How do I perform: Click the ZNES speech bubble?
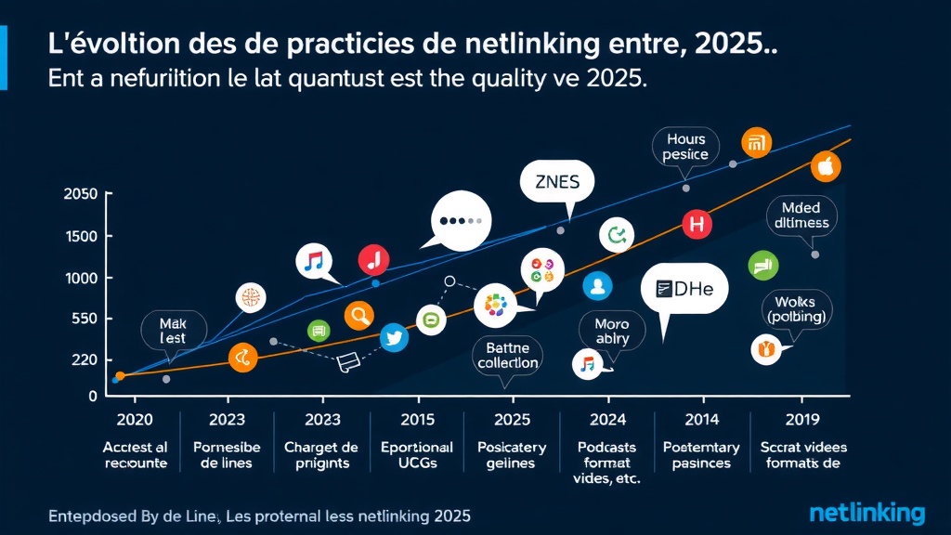(x=551, y=183)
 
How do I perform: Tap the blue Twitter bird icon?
(x=394, y=339)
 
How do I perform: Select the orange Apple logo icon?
(x=825, y=167)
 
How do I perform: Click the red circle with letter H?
(x=696, y=223)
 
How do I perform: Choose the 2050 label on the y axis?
(x=80, y=194)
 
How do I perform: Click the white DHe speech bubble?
(x=684, y=290)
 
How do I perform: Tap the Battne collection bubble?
(x=507, y=355)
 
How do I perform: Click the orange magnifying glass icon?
(x=358, y=317)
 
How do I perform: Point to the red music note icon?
(x=373, y=259)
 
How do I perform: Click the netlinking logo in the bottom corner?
(x=866, y=513)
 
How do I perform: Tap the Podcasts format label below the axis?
(x=607, y=455)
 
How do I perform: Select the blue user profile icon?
(x=598, y=286)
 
